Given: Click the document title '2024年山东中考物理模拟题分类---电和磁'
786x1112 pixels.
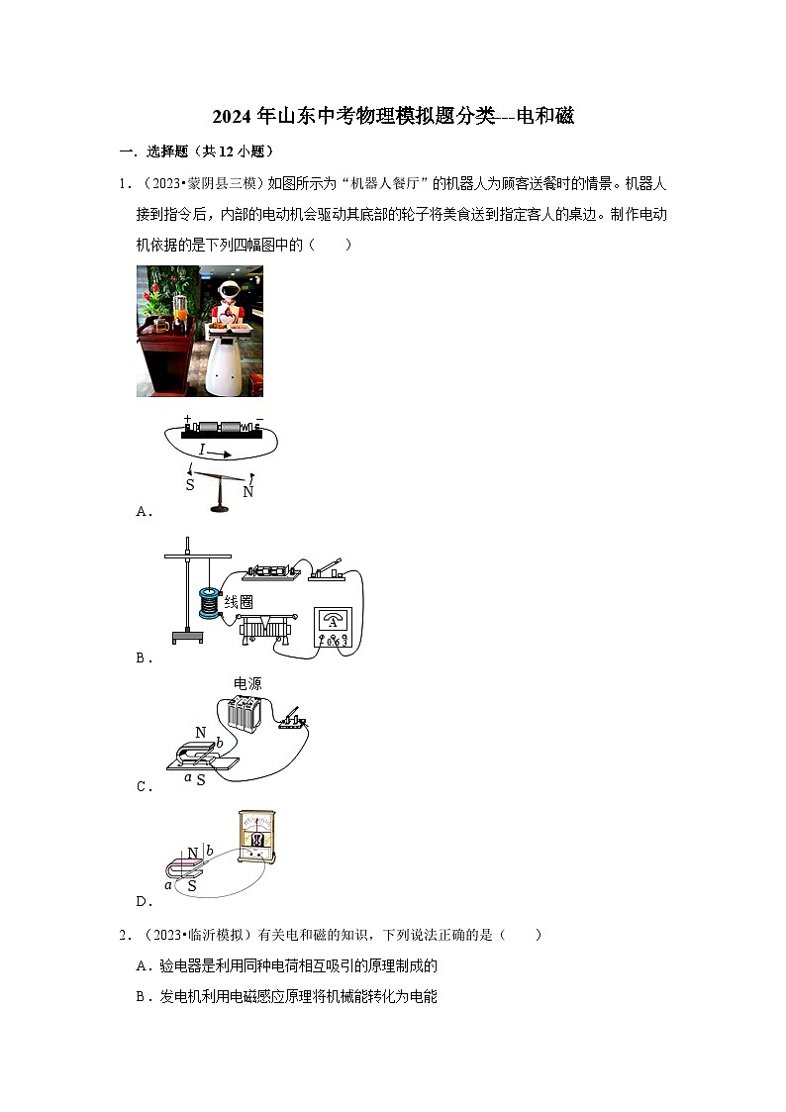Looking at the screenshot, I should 393,117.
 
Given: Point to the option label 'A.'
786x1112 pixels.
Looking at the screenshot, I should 143,511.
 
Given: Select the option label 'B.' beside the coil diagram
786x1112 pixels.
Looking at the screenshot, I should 143,657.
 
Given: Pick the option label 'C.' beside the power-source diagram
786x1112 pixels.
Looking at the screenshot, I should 143,787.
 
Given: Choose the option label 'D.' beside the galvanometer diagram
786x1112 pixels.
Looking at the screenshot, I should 143,901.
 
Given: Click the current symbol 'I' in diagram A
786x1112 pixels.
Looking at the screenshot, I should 202,450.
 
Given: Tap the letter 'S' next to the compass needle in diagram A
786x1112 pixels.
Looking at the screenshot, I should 190,485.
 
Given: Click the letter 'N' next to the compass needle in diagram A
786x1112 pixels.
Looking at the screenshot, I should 247,491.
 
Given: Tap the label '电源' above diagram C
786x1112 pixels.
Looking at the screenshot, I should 246,683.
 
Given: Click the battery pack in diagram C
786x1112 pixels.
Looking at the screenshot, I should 244,713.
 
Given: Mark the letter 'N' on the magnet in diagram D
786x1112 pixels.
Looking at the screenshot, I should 193,851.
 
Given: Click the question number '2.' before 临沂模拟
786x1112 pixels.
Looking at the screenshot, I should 125,934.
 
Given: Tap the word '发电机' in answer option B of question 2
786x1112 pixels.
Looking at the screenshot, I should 179,996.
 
